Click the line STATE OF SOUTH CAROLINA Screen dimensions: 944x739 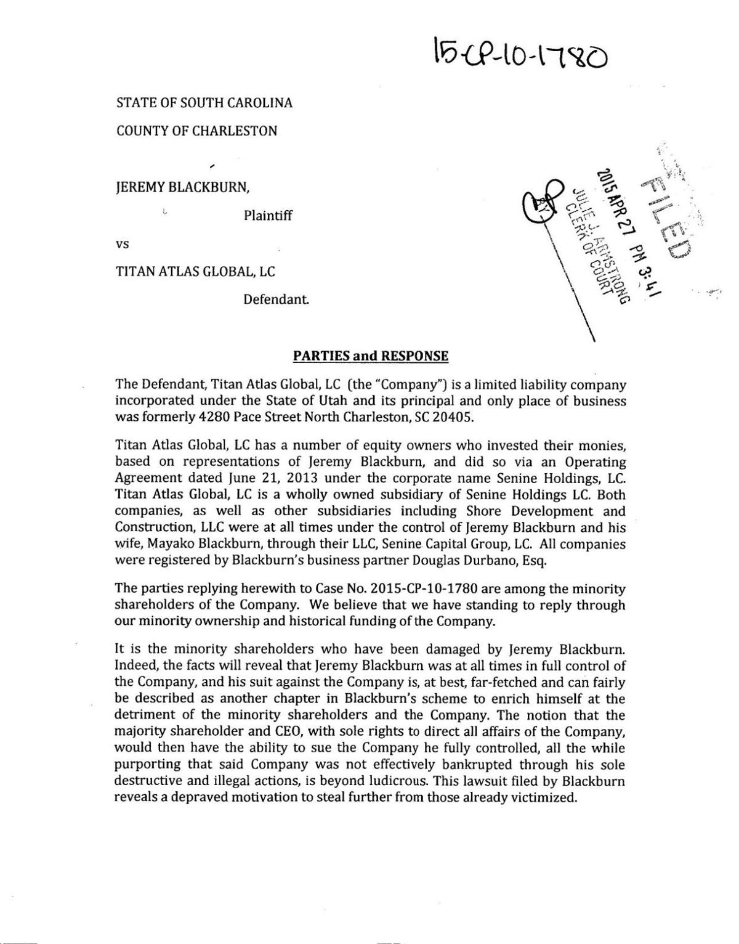coord(204,103)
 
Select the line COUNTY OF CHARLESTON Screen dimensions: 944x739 coord(196,131)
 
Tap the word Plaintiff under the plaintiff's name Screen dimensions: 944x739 coord(268,216)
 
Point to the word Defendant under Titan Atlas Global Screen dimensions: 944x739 coord(275,300)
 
